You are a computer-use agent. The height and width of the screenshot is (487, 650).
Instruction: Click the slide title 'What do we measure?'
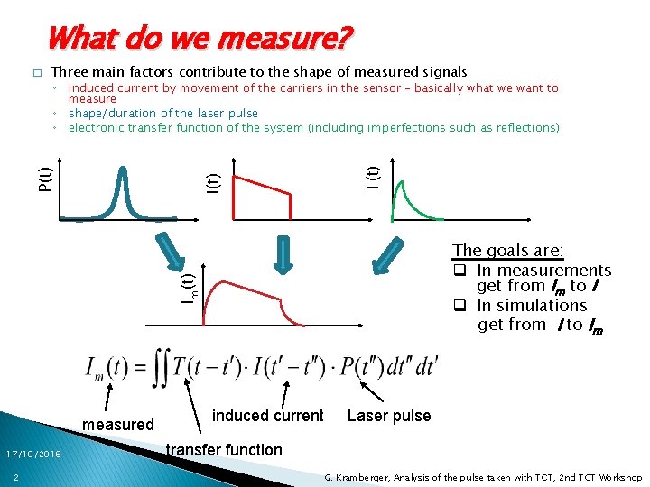click(x=200, y=38)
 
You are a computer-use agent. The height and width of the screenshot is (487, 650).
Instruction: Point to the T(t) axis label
click(x=372, y=174)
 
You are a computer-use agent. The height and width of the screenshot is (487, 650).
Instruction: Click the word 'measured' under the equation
click(x=118, y=424)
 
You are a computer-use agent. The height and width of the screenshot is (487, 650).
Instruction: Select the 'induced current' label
click(x=267, y=415)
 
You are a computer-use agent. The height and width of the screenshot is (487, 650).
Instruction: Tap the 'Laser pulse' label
click(x=389, y=416)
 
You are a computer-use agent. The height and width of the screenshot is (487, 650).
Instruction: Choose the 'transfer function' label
click(x=225, y=449)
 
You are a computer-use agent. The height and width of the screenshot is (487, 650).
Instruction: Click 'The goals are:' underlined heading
click(x=507, y=251)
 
